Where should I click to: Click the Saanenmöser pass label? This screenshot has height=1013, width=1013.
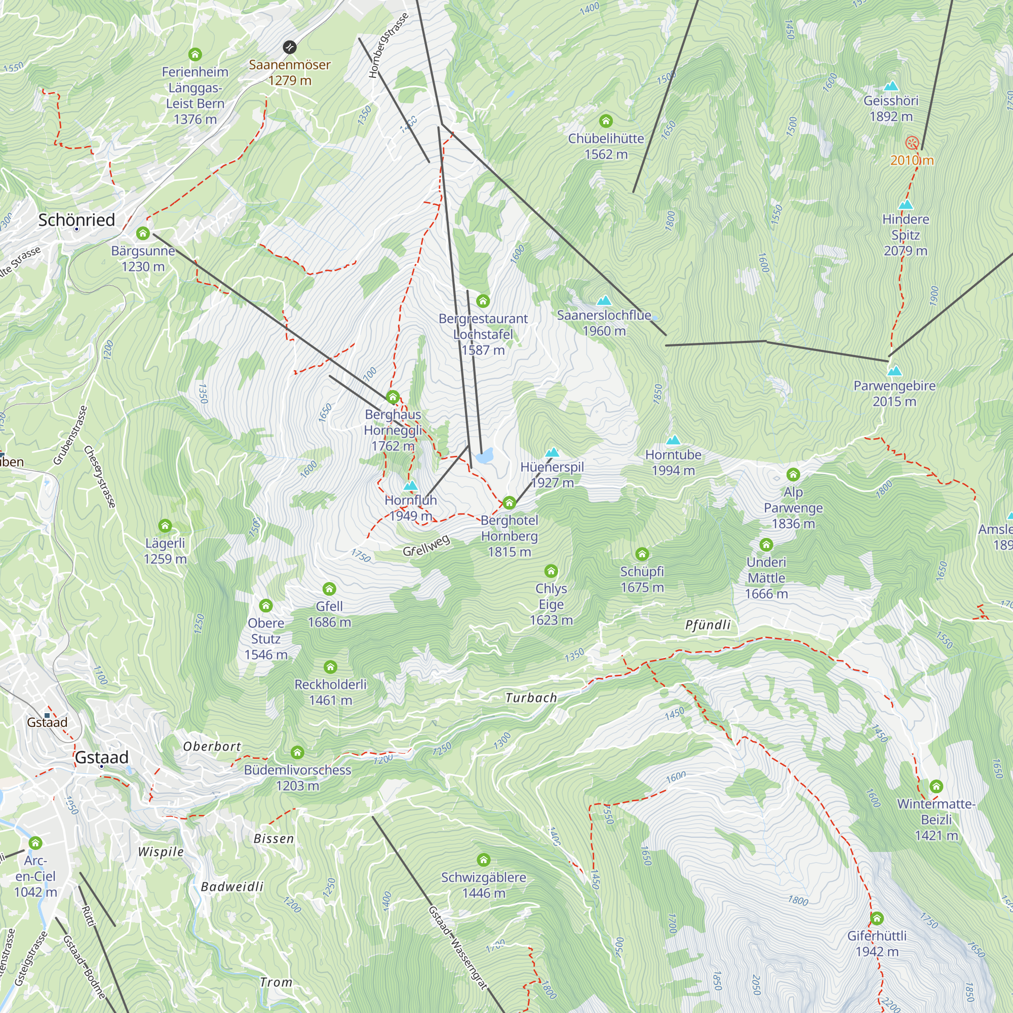coord(289,72)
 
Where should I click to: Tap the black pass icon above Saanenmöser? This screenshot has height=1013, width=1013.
coord(289,48)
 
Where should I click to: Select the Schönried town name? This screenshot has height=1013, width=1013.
coord(76,220)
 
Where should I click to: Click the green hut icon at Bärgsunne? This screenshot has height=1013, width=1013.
coord(143,233)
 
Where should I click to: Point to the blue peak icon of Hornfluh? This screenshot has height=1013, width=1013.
coord(411,486)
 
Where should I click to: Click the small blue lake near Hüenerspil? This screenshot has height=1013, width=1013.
coord(486,455)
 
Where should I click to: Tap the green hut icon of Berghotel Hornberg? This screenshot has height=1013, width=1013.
coord(509,503)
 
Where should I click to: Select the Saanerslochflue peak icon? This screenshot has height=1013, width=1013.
coord(604,300)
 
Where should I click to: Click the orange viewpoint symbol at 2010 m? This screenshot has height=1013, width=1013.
coord(912,143)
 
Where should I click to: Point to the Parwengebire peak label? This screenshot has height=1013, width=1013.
coord(894,393)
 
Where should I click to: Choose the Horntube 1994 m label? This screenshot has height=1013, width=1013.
coord(673,462)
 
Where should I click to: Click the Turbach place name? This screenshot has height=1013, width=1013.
coord(531,698)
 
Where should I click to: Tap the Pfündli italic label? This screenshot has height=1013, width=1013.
coord(708,625)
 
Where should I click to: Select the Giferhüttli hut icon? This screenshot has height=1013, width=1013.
coord(877,918)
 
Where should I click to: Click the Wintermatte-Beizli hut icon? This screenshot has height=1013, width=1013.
coord(936,786)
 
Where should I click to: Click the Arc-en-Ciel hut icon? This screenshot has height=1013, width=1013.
coord(35,843)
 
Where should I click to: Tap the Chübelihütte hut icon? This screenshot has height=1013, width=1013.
coord(606,121)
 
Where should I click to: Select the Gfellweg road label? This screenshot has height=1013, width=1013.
coord(426,546)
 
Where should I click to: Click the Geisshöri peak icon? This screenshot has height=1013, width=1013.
coord(891,86)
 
